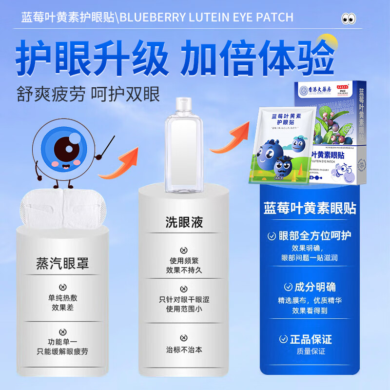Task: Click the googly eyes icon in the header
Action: coord(349,19)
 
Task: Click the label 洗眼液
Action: coord(183,222)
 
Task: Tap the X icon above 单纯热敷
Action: coord(62,287)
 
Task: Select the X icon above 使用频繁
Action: coord(183,248)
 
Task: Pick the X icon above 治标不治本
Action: coord(183,338)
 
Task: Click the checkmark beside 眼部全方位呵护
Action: coord(272,236)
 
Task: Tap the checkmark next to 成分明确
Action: coord(288,287)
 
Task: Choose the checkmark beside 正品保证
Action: coord(288,339)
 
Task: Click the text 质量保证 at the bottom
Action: coord(309,351)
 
